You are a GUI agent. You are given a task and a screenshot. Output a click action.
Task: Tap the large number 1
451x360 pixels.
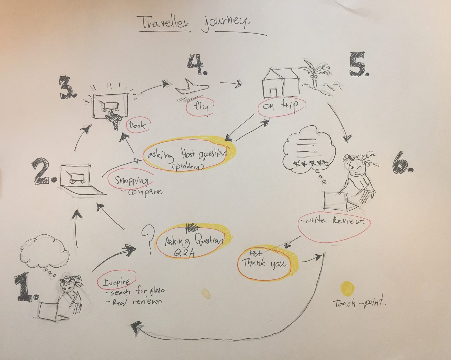(26, 288)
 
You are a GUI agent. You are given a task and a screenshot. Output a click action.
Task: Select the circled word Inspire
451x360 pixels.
(116, 282)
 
